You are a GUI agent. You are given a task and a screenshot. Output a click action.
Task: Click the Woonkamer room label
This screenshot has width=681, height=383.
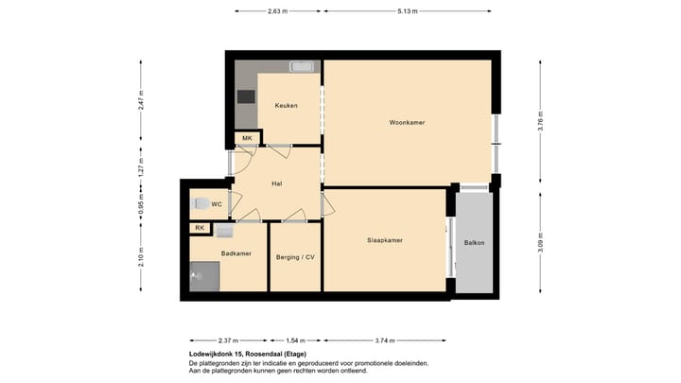click(x=407, y=123)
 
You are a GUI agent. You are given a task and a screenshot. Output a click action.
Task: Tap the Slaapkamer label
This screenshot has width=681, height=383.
click(x=385, y=240)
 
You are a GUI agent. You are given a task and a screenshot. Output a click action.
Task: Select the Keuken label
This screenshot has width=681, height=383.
click(x=286, y=105)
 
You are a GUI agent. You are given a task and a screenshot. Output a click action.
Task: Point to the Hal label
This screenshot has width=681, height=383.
click(x=277, y=183)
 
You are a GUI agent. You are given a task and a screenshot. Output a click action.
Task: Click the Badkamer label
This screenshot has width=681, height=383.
click(x=235, y=253)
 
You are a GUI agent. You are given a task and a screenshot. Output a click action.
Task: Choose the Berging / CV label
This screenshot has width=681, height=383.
click(x=295, y=256)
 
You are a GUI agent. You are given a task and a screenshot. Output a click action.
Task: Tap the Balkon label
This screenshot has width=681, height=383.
click(x=474, y=243)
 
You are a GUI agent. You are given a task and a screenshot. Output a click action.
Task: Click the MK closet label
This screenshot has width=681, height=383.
click(x=247, y=139)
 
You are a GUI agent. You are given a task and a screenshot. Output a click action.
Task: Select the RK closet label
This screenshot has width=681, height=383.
click(x=200, y=228)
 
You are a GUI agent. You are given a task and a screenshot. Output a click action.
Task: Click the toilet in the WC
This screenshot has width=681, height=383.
click(x=199, y=203)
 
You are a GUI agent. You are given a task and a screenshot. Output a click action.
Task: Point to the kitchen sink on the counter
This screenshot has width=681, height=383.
click(x=304, y=67)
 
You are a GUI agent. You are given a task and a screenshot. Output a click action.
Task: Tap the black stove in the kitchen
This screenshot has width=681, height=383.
click(x=246, y=96)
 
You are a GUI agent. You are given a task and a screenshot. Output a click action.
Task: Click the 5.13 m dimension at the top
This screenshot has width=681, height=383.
click(x=409, y=11)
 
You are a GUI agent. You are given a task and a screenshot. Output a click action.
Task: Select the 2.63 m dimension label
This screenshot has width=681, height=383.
click(x=277, y=11)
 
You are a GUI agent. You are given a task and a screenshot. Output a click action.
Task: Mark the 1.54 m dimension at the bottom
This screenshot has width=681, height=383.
click(x=295, y=340)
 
